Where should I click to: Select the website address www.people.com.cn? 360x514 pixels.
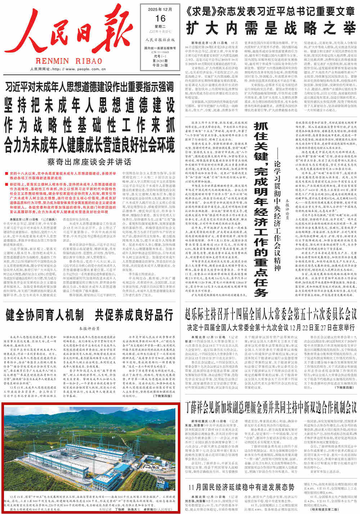[85, 69]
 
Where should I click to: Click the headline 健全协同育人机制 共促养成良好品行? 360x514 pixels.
[89, 315]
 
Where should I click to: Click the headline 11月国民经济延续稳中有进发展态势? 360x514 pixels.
[242, 488]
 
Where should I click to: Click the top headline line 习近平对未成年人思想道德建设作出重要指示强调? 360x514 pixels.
[89, 86]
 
